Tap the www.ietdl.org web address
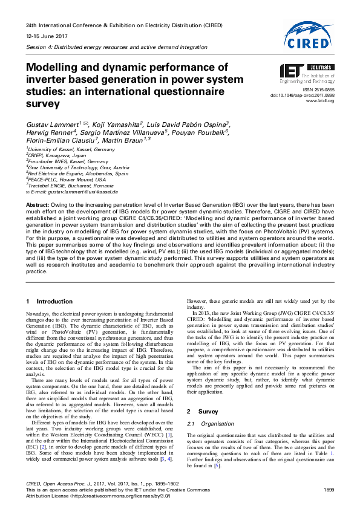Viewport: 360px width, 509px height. (321, 100)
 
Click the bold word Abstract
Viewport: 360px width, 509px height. (38, 206)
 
